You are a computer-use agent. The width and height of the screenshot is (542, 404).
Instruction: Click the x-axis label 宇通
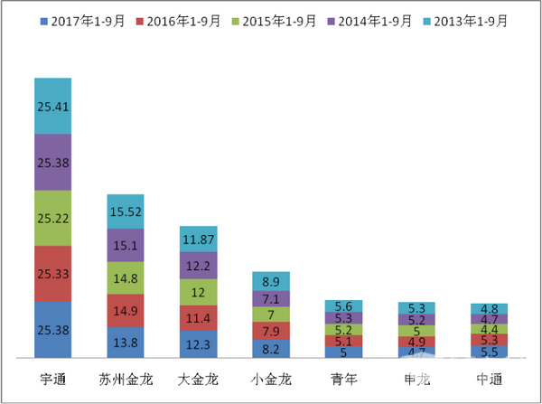pos(65,376)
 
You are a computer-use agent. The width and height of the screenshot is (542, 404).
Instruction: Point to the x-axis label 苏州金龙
pos(125,376)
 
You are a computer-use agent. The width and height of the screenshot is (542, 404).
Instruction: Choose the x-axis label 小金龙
pos(270,376)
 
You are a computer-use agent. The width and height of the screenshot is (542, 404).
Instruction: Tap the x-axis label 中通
pos(489,376)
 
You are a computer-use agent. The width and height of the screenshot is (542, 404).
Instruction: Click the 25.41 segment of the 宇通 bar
pos(65,106)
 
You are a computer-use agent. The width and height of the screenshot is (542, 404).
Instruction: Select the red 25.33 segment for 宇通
pos(65,274)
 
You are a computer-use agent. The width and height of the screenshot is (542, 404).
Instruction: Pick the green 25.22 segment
pos(65,218)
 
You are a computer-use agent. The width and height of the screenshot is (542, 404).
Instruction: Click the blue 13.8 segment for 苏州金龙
pos(126,343)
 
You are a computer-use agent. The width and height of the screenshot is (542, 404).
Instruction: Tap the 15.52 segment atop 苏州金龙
pos(126,211)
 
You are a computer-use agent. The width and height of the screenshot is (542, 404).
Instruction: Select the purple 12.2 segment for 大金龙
pos(198,266)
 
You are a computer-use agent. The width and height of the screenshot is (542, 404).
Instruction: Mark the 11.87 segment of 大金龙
pos(198,239)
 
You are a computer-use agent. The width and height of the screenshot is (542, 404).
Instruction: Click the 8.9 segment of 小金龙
pos(271,281)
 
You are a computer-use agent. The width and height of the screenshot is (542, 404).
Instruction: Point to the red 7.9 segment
pos(271,330)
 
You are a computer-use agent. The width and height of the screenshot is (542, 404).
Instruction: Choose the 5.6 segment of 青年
pos(343,306)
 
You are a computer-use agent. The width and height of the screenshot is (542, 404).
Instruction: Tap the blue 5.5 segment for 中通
pos(489,352)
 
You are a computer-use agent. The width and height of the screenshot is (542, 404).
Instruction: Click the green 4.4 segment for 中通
pos(489,330)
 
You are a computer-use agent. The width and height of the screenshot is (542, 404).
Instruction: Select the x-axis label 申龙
pos(416,376)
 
